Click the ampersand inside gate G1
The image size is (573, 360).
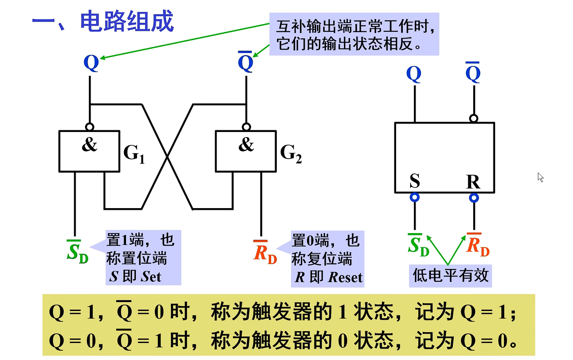click(89, 145)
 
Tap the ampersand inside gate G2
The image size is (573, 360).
click(246, 145)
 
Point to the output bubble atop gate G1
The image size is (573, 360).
click(89, 126)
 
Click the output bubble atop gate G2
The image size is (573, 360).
click(246, 126)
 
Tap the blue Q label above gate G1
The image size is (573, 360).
click(91, 63)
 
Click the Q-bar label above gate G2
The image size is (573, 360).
click(245, 63)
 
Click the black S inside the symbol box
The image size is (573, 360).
click(415, 181)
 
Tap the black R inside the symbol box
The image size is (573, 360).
click(473, 182)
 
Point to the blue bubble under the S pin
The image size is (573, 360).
click(415, 197)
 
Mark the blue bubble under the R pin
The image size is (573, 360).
click(474, 198)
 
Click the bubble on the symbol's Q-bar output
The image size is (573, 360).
click(474, 118)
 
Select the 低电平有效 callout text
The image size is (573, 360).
click(450, 276)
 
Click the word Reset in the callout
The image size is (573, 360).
click(345, 278)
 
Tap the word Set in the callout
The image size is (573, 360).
click(151, 277)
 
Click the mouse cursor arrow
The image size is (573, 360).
click(540, 177)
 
